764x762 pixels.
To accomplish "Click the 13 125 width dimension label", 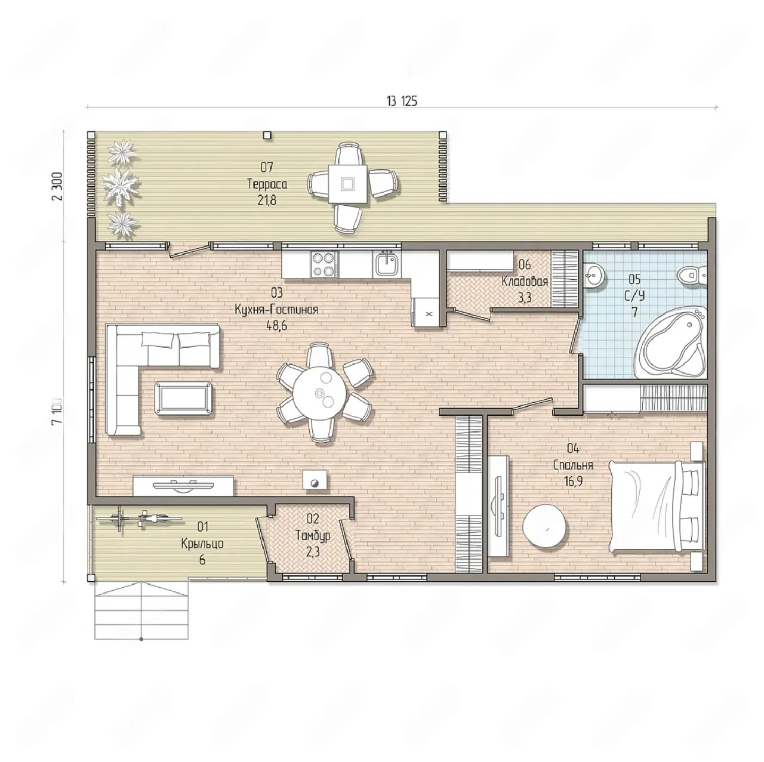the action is pos(402,101).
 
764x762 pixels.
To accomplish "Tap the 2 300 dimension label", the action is pos(58,186).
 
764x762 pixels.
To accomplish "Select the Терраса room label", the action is pos(267,184).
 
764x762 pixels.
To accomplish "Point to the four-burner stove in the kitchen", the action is pos(324,264).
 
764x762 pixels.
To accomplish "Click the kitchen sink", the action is pos(386,264).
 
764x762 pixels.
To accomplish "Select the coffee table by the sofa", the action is pos(183,398).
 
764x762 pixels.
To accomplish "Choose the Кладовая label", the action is pos(525,282).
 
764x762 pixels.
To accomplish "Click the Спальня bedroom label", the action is pos(573,465).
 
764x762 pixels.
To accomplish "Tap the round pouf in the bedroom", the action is pos(546,526).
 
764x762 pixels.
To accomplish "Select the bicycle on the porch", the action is pos(139,519).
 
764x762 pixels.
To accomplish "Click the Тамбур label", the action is pos(313,536).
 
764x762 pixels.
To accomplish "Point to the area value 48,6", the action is pos(277,326).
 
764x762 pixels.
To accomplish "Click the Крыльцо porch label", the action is pos(202,544).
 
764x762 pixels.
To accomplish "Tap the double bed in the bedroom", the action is pos(657,507).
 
